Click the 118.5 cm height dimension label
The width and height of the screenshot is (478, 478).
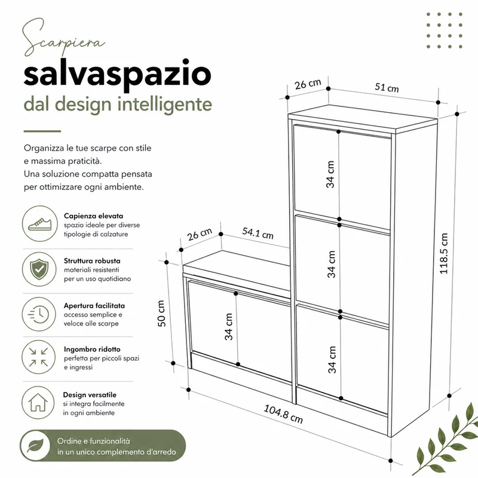pyautogui.click(x=444, y=253)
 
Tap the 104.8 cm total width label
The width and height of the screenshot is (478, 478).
pyautogui.click(x=283, y=414)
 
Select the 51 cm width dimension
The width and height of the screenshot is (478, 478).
pyautogui.click(x=387, y=87)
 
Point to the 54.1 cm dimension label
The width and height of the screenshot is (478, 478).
pyautogui.click(x=258, y=233)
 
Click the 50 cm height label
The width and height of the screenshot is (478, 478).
pyautogui.click(x=161, y=313)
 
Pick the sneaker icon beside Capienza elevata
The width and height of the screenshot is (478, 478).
pyautogui.click(x=39, y=223)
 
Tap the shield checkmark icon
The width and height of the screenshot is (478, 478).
pyautogui.click(x=39, y=269)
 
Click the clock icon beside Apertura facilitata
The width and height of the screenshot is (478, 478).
pyautogui.click(x=39, y=314)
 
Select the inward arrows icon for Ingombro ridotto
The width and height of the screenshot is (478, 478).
pyautogui.click(x=39, y=357)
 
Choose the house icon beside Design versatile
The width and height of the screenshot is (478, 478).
pyautogui.click(x=38, y=402)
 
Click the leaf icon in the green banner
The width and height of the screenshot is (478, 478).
pyautogui.click(x=35, y=445)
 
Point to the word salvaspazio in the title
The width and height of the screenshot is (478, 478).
pyautogui.click(x=117, y=74)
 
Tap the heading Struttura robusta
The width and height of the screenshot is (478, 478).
pyautogui.click(x=92, y=261)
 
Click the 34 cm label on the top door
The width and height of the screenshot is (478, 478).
pyautogui.click(x=330, y=174)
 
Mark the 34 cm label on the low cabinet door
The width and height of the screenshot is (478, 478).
pyautogui.click(x=229, y=326)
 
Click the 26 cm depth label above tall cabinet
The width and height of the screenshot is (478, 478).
pyautogui.click(x=308, y=84)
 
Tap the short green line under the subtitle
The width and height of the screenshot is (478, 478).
pyautogui.click(x=42, y=131)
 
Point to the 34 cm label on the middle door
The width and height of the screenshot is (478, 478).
pyautogui.click(x=332, y=264)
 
